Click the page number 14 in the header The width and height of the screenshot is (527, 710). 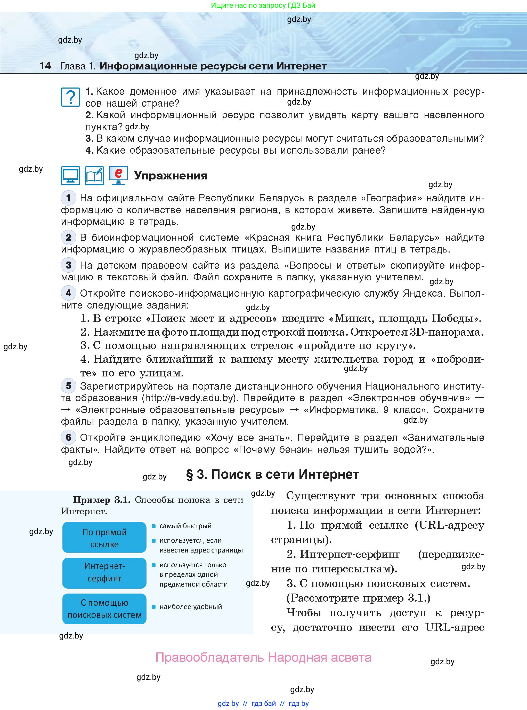point(45,66)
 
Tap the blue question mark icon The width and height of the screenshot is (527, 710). point(70,97)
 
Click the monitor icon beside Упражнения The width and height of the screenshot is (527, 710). point(70,176)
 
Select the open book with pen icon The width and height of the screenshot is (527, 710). point(94,176)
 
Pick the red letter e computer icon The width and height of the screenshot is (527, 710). point(118,175)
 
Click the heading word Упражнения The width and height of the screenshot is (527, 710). point(171,176)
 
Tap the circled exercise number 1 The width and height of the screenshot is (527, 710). point(68,198)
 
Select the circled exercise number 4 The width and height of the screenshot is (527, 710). point(68,293)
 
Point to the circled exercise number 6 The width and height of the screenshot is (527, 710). point(68,437)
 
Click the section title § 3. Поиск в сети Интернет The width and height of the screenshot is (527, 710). point(272,474)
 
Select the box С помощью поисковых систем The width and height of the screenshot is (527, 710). point(104,609)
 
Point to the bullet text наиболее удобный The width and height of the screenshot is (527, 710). point(190,606)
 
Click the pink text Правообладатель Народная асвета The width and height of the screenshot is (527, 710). point(263,657)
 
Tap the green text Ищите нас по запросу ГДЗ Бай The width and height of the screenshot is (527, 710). point(263,5)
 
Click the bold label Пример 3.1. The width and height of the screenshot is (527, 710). point(101,500)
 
